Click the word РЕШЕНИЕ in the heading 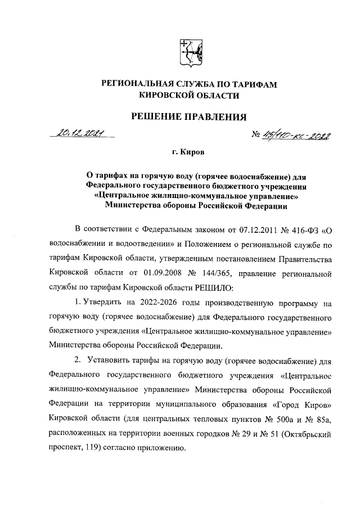click(157, 117)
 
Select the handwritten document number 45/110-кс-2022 click(294, 137)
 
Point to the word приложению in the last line click(163, 449)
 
